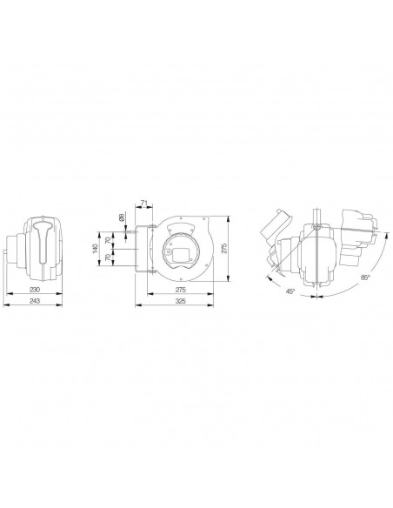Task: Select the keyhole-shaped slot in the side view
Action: coord(44,244)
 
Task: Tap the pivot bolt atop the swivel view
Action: coord(318,229)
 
